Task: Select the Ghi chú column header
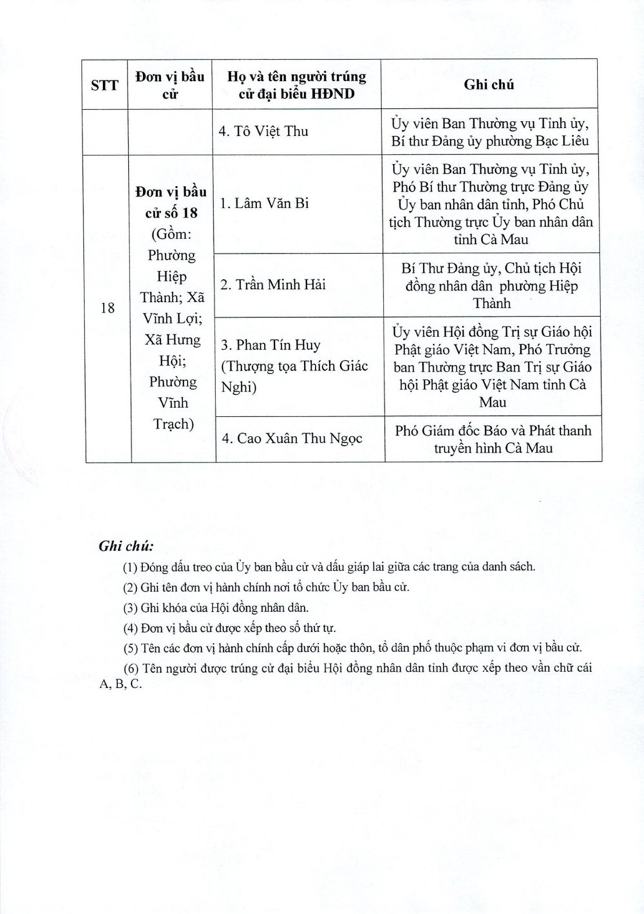tap(489, 84)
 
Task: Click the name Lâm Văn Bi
tap(263, 204)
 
